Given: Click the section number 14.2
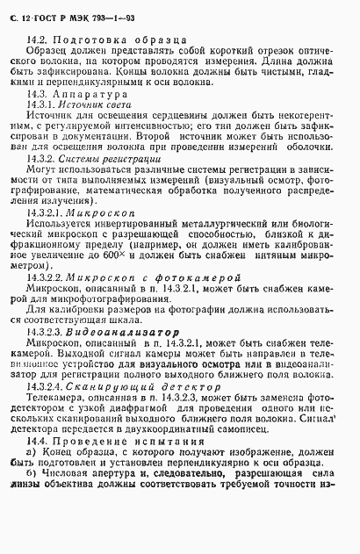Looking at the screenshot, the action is click(x=38, y=40).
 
